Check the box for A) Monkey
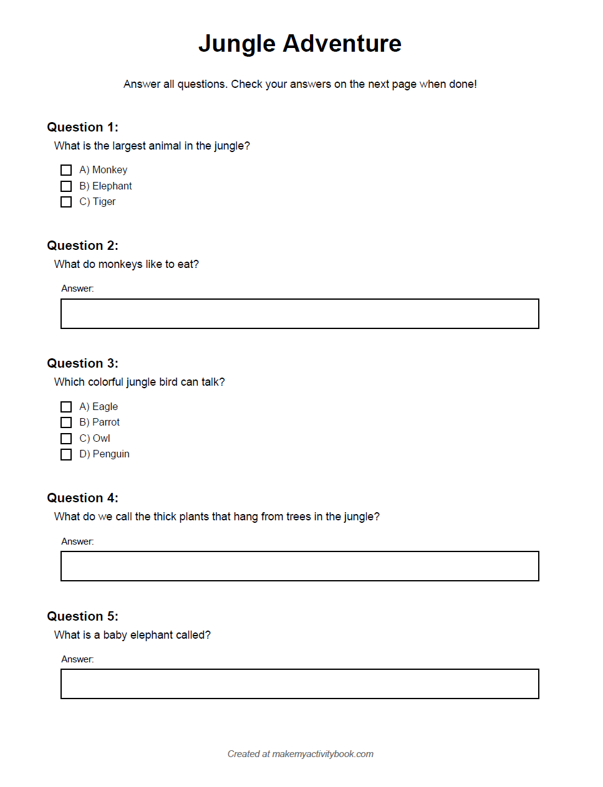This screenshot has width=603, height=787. (x=66, y=170)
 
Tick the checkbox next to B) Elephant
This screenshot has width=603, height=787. (x=66, y=186)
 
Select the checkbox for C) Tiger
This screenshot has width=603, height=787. (x=66, y=202)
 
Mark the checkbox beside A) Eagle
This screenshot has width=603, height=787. (x=66, y=407)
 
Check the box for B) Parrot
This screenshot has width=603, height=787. (x=66, y=422)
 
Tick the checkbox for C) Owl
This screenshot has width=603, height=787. (x=66, y=439)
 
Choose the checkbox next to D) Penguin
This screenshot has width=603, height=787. (x=66, y=454)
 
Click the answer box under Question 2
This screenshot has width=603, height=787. (x=299, y=313)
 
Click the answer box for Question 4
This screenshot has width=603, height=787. (x=299, y=566)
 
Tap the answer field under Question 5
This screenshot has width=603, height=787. (x=299, y=684)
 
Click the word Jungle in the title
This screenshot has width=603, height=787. (x=237, y=44)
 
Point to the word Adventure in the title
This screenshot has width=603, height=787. (x=342, y=44)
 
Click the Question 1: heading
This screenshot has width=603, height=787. (x=82, y=127)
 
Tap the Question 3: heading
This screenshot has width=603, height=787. (x=82, y=363)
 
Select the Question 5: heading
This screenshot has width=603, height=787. (x=82, y=616)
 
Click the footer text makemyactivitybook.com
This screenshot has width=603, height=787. (x=322, y=754)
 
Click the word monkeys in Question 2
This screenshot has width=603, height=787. (x=120, y=264)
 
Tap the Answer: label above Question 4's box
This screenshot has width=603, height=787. (x=77, y=541)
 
